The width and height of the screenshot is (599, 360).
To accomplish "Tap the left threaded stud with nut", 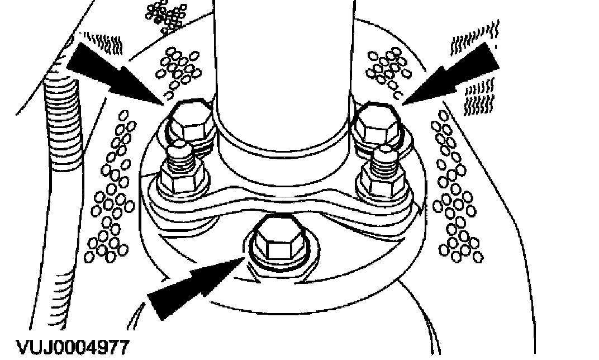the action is click(181, 168).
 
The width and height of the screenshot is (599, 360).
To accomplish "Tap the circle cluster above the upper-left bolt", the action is click(178, 67).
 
